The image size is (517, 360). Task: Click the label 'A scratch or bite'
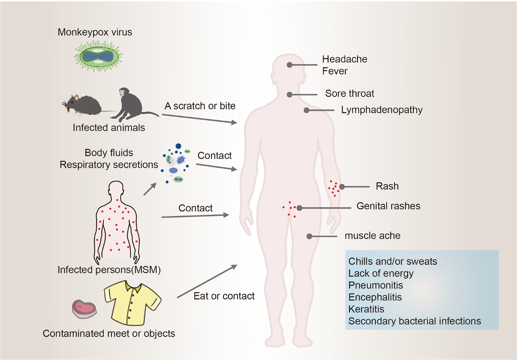tap(200, 106)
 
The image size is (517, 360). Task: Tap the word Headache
tap(344, 59)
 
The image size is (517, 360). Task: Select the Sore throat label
tap(350, 94)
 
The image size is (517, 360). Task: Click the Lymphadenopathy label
tap(382, 110)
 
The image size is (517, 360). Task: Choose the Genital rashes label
tap(388, 206)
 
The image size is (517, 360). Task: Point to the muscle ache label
tap(372, 236)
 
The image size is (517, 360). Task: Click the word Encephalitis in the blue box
tap(375, 297)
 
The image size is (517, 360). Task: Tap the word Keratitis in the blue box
tap(366, 309)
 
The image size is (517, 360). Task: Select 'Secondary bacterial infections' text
tap(415, 321)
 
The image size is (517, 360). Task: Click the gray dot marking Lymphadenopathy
tap(307, 110)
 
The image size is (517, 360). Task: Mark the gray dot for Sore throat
tap(289, 94)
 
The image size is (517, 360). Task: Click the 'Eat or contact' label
tap(224, 296)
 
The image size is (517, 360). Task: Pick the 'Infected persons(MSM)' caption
tap(109, 270)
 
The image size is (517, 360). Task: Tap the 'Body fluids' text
tap(109, 153)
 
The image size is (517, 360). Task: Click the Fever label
tap(335, 71)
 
